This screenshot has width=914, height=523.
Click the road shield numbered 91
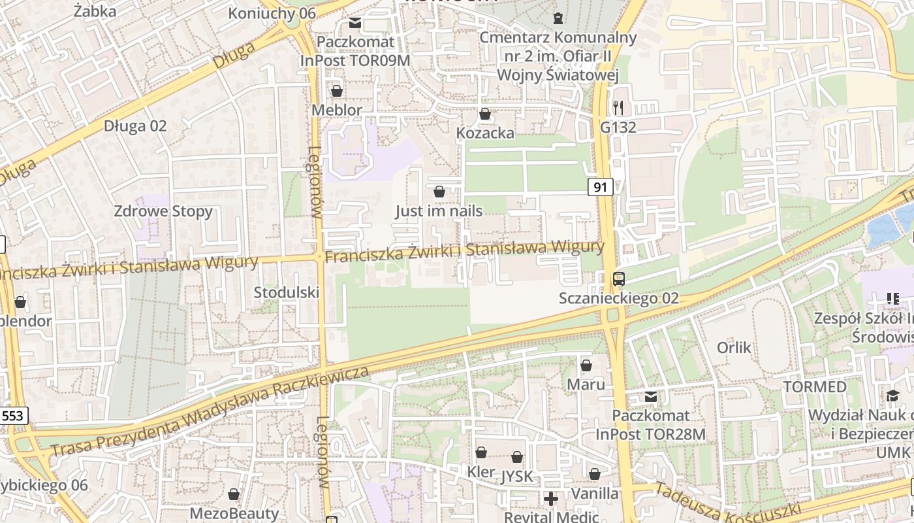click(601, 188)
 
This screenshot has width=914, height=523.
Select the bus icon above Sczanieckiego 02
click(619, 279)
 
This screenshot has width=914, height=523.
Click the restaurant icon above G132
click(618, 107)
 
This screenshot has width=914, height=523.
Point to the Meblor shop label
click(336, 110)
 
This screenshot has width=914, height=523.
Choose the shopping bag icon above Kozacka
click(485, 114)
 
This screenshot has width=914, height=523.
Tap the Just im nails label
click(439, 211)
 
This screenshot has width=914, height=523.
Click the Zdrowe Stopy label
click(163, 211)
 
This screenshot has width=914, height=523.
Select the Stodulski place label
click(286, 292)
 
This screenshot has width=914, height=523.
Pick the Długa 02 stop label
click(135, 126)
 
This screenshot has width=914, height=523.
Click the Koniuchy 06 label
click(272, 13)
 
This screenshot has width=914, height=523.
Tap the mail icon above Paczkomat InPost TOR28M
click(650, 397)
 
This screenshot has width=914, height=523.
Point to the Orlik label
click(734, 347)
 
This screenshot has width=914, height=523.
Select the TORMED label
click(815, 386)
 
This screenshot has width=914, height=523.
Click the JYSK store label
click(518, 477)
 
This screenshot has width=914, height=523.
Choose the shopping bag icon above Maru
click(586, 365)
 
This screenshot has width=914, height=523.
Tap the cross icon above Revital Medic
click(551, 499)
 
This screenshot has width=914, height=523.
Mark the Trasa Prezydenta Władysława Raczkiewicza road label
click(209, 413)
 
